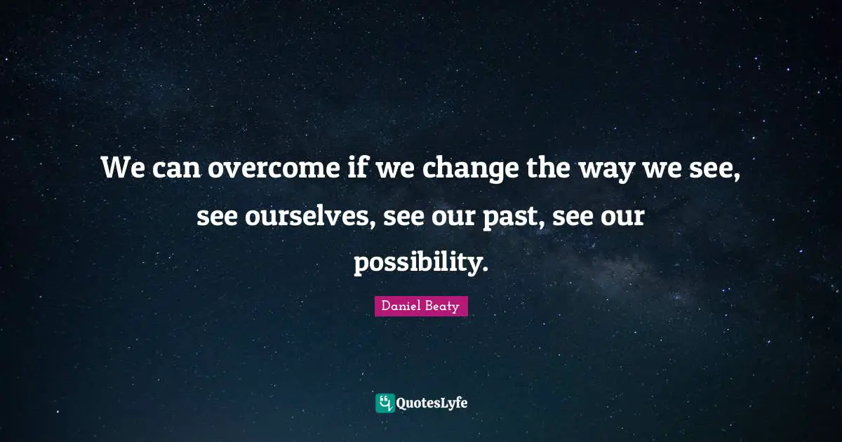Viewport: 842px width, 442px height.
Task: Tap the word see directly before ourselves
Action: click(218, 217)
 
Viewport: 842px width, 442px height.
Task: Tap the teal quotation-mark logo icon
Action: click(385, 403)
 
